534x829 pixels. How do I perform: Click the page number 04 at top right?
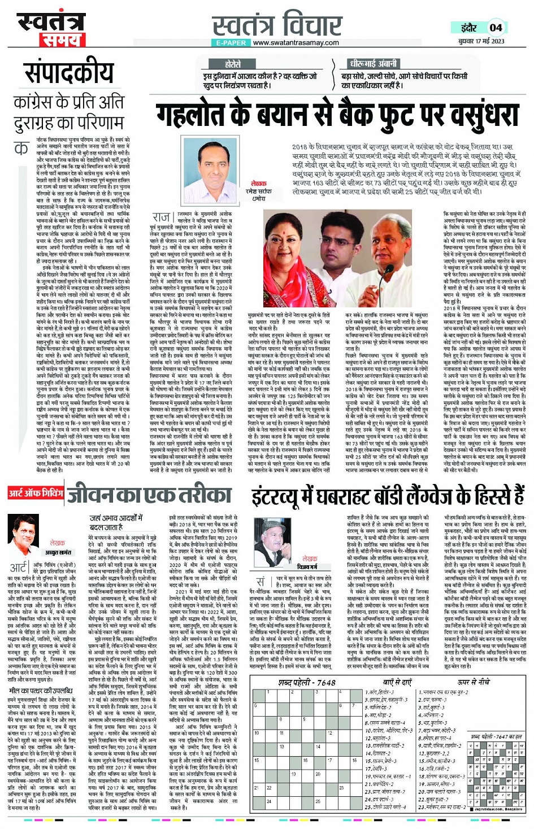coord(496,27)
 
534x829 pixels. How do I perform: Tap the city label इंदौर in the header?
coord(468,28)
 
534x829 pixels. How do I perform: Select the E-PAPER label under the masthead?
coord(232,42)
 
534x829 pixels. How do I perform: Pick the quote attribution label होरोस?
coord(233,64)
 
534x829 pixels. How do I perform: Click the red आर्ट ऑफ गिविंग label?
coord(35,493)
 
